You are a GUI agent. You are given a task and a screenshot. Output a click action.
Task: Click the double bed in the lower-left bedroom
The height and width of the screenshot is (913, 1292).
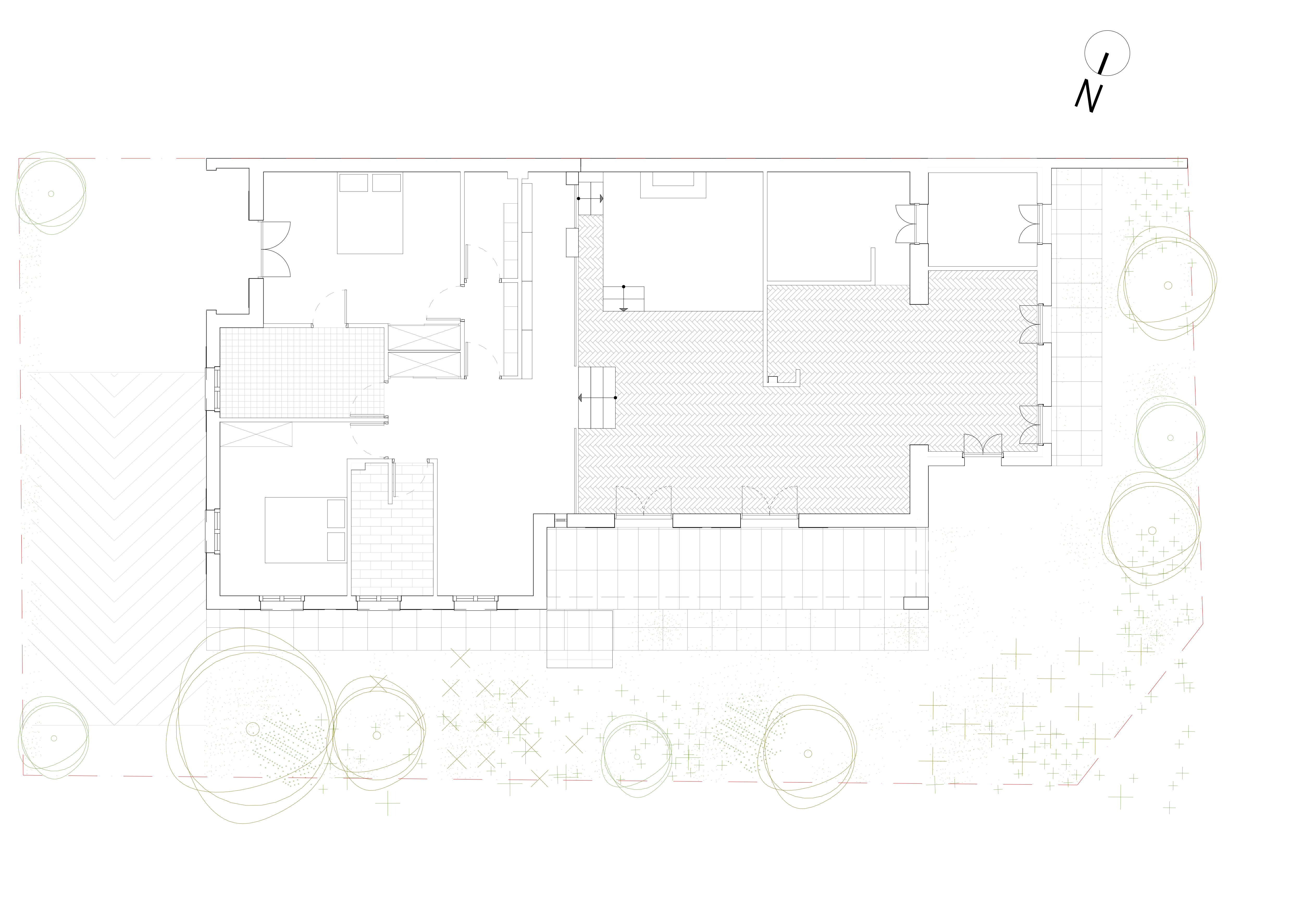coord(306,530)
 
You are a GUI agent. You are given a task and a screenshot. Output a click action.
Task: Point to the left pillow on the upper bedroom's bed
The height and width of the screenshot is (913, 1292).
coord(353,183)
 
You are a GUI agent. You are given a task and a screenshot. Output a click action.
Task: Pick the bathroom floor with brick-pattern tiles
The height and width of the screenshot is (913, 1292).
coord(392,529)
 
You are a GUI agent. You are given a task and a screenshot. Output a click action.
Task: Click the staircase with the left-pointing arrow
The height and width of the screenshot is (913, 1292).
coord(597,398)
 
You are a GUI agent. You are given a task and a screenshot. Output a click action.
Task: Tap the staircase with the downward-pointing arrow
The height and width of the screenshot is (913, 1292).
coord(624,299)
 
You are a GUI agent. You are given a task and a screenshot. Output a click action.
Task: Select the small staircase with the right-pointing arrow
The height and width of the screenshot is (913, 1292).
coord(590,199)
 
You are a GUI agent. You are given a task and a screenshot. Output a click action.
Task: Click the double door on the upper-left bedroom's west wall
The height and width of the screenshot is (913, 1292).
coord(275,249)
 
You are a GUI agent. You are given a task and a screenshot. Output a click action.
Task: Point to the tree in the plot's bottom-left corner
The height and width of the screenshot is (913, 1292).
coord(53,738)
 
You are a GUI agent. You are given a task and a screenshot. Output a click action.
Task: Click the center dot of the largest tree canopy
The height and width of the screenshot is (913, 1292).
coord(253,729)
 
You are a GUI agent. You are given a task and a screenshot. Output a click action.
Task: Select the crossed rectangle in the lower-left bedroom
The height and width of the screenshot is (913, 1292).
coord(256,434)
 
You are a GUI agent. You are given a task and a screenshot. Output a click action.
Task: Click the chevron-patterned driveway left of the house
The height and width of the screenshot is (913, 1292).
coord(114,549)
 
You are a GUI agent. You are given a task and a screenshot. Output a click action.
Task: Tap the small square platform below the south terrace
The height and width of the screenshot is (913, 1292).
coord(580,639)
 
